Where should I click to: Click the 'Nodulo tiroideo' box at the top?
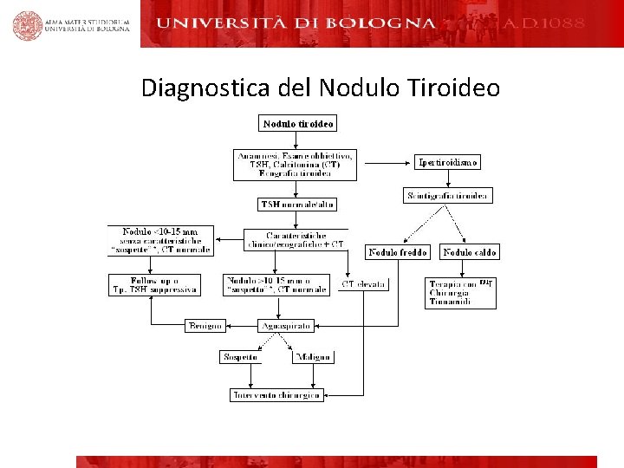[x=298, y=124]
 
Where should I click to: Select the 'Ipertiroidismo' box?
[x=447, y=162]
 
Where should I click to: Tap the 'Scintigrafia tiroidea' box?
[x=448, y=196]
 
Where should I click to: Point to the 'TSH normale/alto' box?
[x=297, y=205]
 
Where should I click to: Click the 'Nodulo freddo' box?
[x=398, y=252]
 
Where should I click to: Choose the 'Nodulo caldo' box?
[x=470, y=252]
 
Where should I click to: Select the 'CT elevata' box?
[x=364, y=284]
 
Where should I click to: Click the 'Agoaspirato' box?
[x=285, y=326]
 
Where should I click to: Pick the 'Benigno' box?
[x=205, y=326]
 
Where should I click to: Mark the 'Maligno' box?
[x=312, y=357]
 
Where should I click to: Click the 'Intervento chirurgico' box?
[x=276, y=395]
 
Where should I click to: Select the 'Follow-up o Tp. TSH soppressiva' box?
[x=154, y=284]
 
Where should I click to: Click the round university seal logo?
[x=27, y=25]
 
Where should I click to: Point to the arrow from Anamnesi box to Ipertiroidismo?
[x=386, y=162]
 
